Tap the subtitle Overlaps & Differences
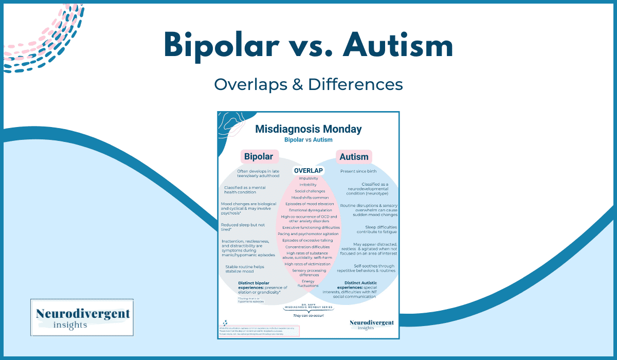(308, 84)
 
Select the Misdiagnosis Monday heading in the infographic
(308, 129)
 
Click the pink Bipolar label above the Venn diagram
(258, 156)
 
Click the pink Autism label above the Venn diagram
(354, 156)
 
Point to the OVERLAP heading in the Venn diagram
(308, 171)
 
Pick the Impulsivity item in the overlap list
(308, 178)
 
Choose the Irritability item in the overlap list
(308, 185)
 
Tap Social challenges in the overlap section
(308, 191)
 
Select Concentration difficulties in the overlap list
(309, 247)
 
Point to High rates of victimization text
(308, 264)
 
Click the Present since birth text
(360, 171)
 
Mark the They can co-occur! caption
(308, 316)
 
